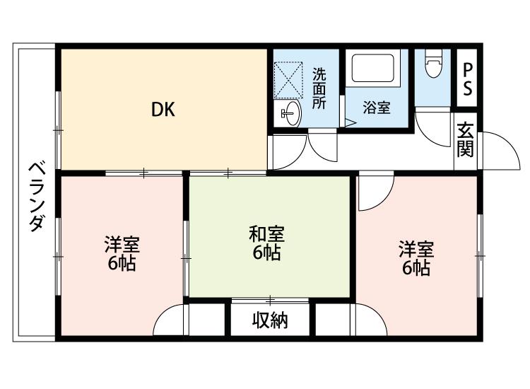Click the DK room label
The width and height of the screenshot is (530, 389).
click(x=163, y=110)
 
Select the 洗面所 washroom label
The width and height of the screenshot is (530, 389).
click(x=319, y=88)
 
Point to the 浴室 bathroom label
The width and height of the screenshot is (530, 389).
click(x=377, y=108)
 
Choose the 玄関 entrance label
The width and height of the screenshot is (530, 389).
click(x=465, y=139)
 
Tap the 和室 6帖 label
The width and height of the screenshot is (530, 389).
click(x=267, y=242)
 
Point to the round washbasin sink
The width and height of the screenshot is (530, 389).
click(x=290, y=112)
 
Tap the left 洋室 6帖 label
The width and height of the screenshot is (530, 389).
click(x=122, y=254)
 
